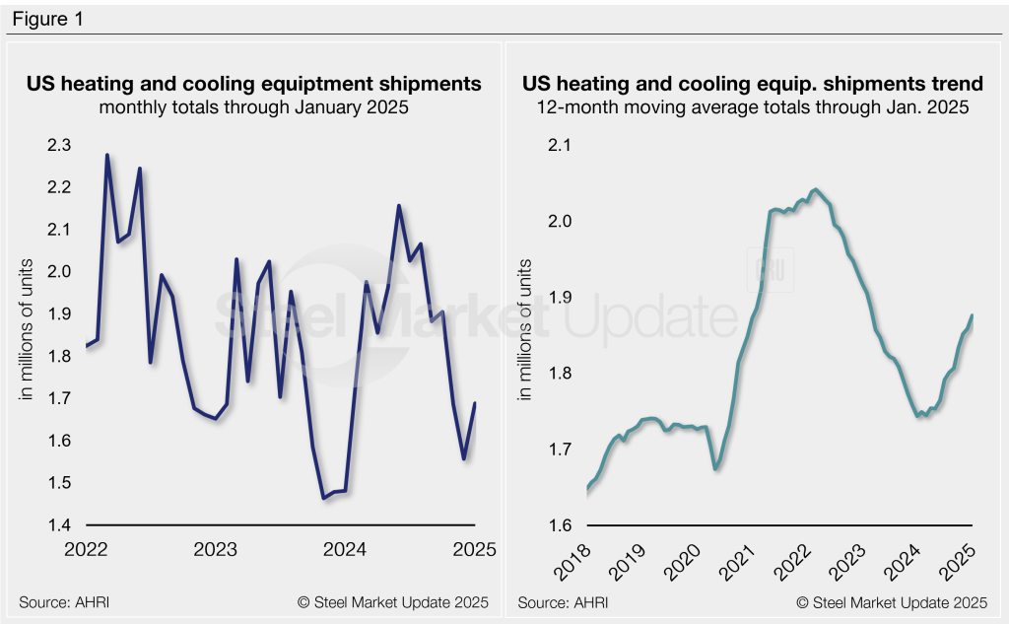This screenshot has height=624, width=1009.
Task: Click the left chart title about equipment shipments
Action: point(253,84)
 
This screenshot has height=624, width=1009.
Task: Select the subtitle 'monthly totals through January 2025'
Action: point(253,107)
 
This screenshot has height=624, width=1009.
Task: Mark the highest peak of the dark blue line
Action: point(106,155)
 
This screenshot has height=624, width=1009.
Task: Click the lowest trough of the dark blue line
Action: point(323,499)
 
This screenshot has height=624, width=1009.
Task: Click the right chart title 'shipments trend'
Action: point(753,84)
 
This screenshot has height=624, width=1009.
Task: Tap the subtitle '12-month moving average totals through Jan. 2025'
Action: point(753,107)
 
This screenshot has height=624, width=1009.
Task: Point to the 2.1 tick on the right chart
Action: point(560,146)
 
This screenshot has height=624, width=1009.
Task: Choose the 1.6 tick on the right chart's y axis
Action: point(560,524)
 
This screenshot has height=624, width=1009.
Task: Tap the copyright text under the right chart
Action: point(891,601)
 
